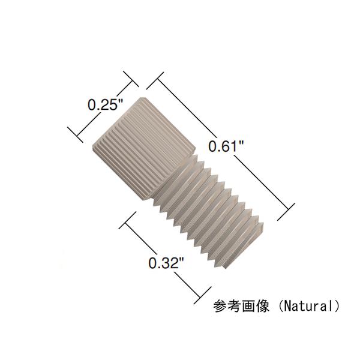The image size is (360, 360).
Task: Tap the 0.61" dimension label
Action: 225,146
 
